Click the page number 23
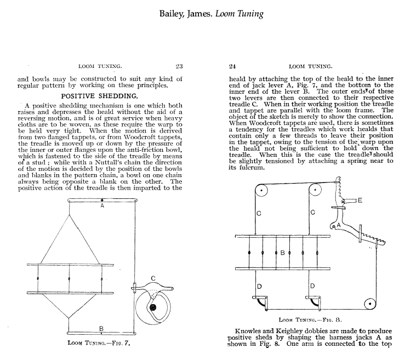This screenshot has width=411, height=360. pos(179,66)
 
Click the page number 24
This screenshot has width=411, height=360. pos(232,66)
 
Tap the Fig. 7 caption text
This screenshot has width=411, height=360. pos(102,344)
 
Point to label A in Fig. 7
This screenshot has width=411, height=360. pos(102,207)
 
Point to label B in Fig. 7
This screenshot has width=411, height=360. pos(102,328)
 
